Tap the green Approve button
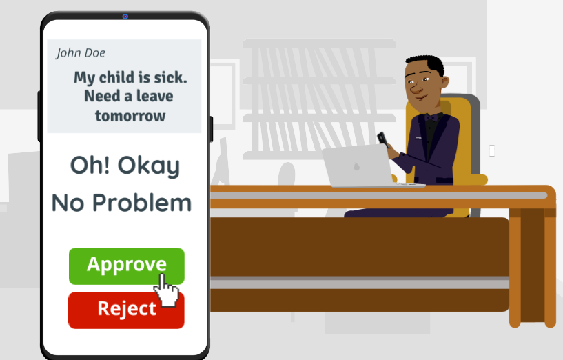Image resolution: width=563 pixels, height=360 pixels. tap(126, 266)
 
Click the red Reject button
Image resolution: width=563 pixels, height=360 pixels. tap(126, 310)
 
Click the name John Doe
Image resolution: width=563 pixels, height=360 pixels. tap(81, 53)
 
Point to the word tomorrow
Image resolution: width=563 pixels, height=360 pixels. tap(130, 116)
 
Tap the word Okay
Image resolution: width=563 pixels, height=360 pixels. tap(149, 166)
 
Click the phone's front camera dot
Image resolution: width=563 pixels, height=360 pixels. tap(125, 17)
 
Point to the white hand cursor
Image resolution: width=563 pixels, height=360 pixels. tap(165, 290)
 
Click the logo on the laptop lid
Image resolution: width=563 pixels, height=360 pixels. tap(356, 166)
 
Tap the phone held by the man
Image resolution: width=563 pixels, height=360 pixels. tap(382, 139)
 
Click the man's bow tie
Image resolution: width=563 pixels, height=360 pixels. tap(431, 117)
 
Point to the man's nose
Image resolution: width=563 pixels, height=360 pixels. tap(415, 88)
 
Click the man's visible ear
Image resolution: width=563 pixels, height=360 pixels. tap(444, 82)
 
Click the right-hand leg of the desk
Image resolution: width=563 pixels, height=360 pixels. tap(533, 266)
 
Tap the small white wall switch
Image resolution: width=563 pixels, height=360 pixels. tap(492, 150)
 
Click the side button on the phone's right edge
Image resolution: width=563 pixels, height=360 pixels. tap(212, 129)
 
